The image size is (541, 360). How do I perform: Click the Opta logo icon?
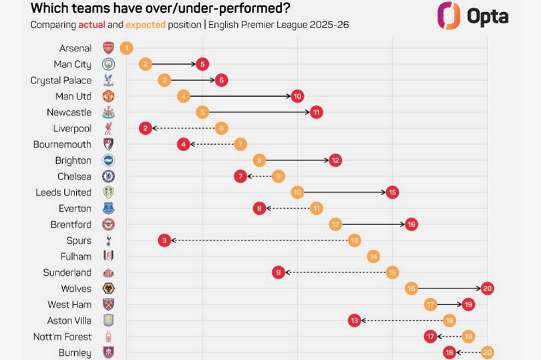449,15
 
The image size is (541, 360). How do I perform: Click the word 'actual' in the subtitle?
92,25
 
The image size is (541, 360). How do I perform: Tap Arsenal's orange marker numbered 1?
127,48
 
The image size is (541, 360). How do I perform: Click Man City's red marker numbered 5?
202,64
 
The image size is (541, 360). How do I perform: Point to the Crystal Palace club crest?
108,80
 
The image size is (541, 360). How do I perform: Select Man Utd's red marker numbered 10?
297,96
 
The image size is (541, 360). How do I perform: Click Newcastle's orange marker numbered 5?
202,112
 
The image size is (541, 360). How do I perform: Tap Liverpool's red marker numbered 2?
146,128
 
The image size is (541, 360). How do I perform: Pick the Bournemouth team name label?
62,144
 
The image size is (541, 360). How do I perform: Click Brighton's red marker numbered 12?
335,160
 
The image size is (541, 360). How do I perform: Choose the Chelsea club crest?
108,176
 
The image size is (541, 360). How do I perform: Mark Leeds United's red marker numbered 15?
392,192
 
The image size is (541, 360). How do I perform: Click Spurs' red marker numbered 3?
164,240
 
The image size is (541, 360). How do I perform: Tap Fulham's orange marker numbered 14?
373,256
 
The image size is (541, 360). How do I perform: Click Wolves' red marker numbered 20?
487,289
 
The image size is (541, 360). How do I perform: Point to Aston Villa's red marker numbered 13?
355,321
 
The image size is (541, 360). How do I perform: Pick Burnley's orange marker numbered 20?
487,353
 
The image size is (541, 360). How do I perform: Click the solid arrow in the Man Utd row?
240,96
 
